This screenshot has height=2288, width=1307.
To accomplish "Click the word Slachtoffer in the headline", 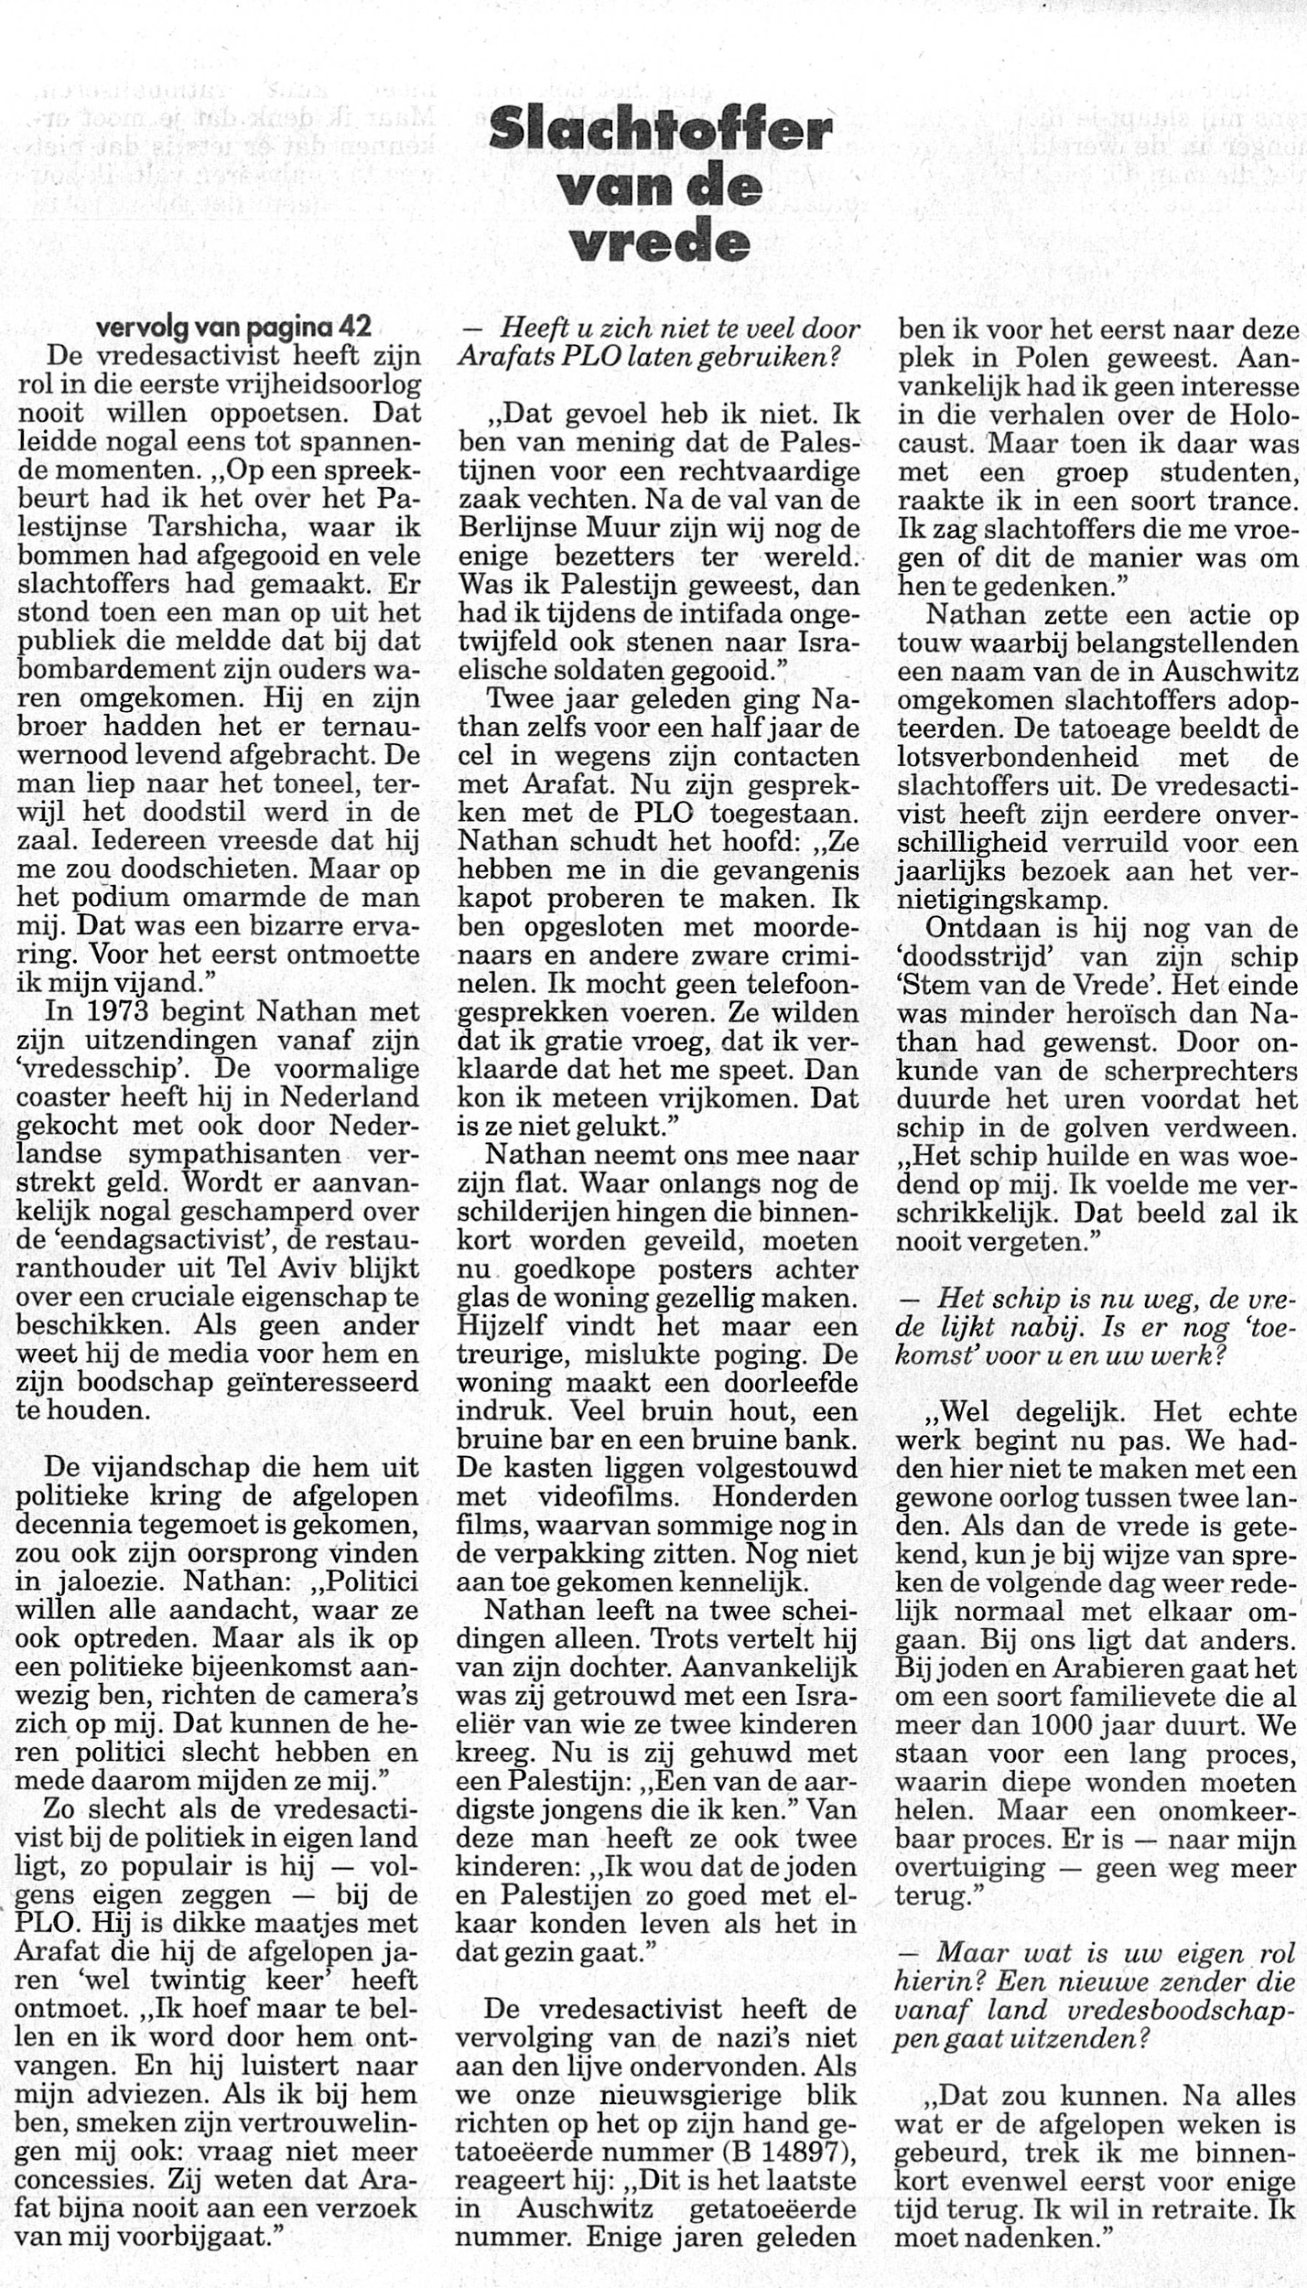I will click(x=660, y=134).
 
